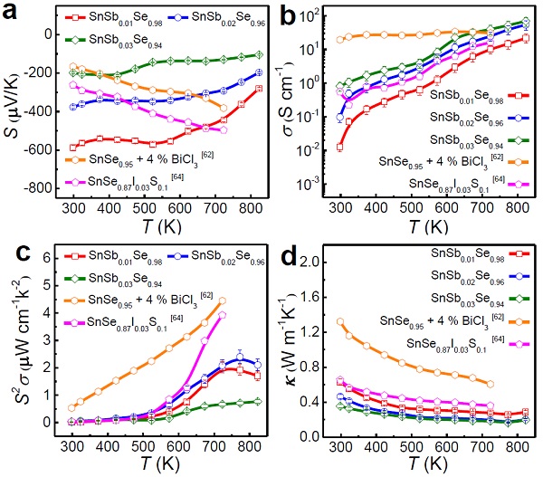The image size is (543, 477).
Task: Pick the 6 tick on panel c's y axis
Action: point(48,258)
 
